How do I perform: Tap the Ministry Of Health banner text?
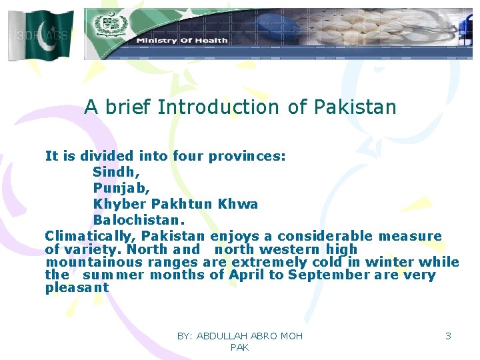[x=181, y=41]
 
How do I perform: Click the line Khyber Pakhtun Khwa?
[x=175, y=204]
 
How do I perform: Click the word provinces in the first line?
[x=247, y=157]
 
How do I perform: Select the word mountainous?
[x=90, y=262]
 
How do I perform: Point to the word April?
[x=247, y=275]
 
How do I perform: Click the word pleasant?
[x=77, y=288]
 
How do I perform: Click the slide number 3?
[x=448, y=336]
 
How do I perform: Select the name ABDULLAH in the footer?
[x=223, y=336]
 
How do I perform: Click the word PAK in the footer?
[x=239, y=347]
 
